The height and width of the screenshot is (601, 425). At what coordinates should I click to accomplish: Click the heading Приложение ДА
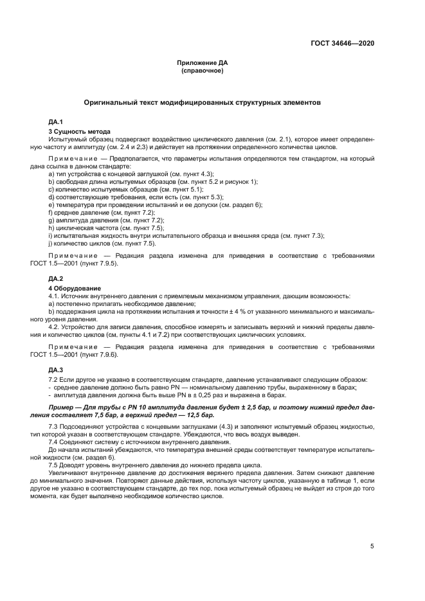pos(203,63)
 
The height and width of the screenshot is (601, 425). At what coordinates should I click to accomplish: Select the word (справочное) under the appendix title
pos(203,71)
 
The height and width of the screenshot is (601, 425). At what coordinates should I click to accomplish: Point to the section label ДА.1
pos(55,121)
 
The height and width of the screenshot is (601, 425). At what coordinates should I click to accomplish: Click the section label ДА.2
pos(55,278)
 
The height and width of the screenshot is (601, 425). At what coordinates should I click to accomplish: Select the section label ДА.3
pos(55,370)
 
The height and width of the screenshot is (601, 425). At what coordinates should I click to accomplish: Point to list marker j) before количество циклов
pos(51,243)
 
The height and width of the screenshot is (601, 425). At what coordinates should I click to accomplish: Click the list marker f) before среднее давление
pos(51,212)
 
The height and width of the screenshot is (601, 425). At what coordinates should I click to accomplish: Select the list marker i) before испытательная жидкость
pos(50,235)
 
